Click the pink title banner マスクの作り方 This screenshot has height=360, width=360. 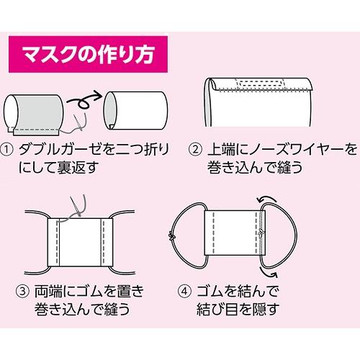87,55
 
